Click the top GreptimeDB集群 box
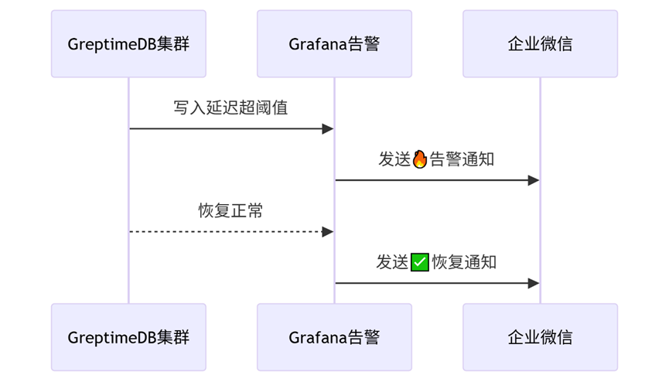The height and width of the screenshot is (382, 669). click(128, 43)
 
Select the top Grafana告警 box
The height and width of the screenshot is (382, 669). click(334, 43)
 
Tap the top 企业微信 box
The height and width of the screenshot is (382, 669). click(540, 43)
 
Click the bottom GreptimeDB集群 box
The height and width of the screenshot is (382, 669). click(128, 337)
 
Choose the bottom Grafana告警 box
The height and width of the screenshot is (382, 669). click(334, 337)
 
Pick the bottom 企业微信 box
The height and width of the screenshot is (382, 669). click(540, 337)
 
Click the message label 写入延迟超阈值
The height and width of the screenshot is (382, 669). click(230, 107)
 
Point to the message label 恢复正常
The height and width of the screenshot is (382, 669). click(230, 210)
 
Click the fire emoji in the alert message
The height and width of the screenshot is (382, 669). click(420, 160)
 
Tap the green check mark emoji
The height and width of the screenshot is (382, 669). click(420, 263)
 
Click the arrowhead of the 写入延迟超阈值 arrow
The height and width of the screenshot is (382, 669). click(328, 128)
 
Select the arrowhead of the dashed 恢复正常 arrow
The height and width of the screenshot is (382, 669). click(328, 232)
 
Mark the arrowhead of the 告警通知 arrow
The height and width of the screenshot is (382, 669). click(534, 180)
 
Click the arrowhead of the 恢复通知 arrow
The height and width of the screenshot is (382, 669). click(534, 284)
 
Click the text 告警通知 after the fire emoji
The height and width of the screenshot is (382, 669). click(462, 160)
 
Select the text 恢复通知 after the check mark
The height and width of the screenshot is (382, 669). click(463, 263)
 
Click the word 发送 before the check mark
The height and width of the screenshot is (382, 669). click(392, 263)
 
